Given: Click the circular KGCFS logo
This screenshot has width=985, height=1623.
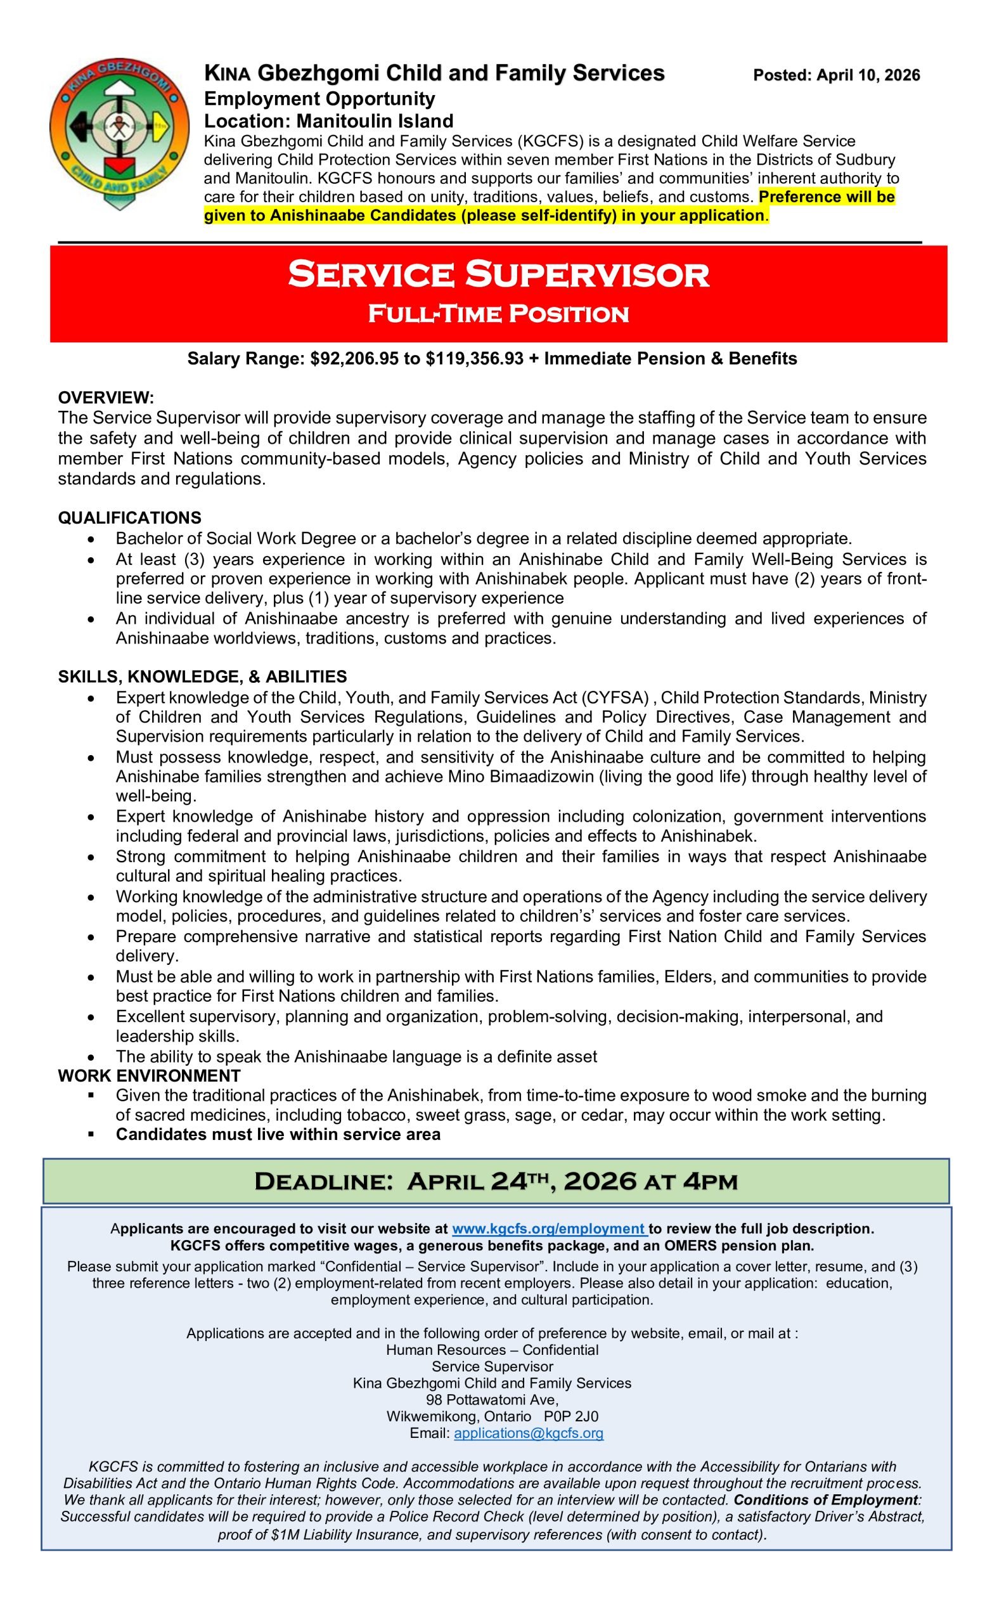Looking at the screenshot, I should coord(119,132).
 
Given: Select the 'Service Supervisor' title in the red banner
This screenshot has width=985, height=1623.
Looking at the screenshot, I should coord(498,275).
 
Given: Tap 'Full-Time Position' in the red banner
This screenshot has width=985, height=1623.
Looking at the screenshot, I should coord(498,314).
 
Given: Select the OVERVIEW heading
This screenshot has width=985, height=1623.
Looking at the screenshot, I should coord(106,398).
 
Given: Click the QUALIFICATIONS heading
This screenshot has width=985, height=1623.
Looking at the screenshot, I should coord(130,518).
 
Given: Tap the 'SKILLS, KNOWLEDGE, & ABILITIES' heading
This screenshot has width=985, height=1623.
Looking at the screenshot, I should coord(202,676).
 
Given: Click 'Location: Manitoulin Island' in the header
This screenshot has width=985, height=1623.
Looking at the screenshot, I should coord(328,121).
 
